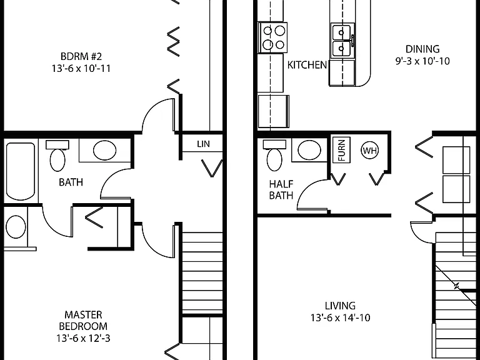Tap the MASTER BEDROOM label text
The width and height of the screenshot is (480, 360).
(83, 320)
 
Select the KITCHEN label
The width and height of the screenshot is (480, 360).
(307, 65)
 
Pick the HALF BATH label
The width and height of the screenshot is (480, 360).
(281, 189)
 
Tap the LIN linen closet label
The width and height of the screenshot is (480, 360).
(203, 144)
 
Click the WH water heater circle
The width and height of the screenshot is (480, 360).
(369, 150)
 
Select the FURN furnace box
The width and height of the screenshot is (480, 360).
(341, 150)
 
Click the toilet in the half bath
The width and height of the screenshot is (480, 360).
(274, 155)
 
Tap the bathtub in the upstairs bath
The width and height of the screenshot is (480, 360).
(21, 171)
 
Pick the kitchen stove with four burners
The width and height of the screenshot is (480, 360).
(272, 37)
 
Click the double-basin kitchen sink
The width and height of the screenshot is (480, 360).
(342, 41)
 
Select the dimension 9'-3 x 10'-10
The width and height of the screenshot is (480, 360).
(422, 61)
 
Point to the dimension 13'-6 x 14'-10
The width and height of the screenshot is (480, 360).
(340, 317)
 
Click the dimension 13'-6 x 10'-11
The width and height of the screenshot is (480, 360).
(81, 68)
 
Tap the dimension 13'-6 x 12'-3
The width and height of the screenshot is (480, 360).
(83, 338)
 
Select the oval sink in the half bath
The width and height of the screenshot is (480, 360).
(309, 150)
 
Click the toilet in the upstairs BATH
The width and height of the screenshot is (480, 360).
(57, 156)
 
